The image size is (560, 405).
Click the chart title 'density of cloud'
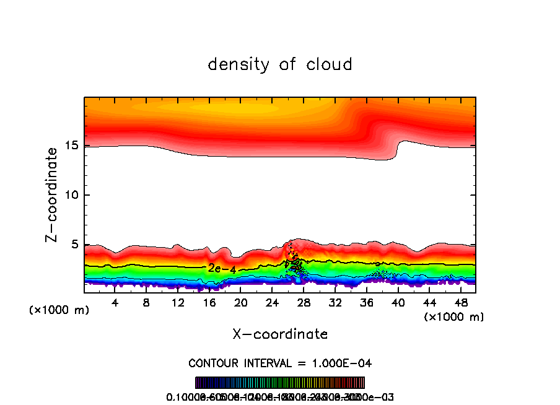point(280,64)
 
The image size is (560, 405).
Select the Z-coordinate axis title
point(53,194)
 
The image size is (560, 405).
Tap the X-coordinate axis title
point(280,334)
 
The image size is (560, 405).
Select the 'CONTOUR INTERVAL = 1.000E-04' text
point(280,363)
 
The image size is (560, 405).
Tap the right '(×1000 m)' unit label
point(454,317)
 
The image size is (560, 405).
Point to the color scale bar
point(280,383)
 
